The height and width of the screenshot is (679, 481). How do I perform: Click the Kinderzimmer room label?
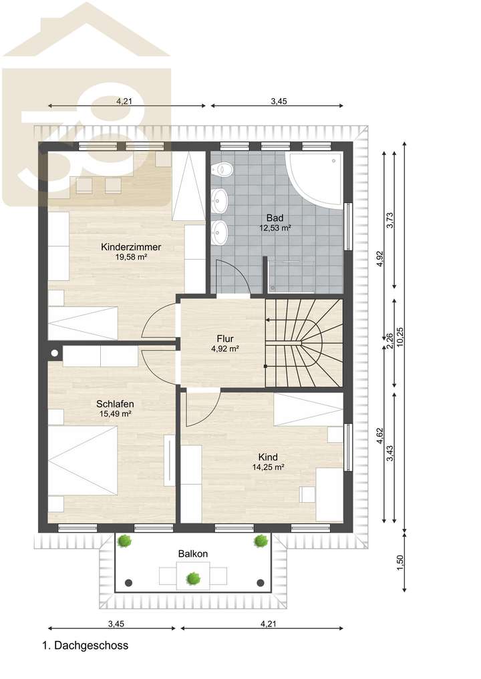(x=131, y=247)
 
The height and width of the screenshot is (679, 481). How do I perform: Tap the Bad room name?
(x=275, y=218)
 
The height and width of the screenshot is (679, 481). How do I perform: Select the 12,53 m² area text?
(x=275, y=228)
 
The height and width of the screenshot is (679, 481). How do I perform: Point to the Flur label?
(x=225, y=338)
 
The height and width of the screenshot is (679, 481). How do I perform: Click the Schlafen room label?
(x=115, y=404)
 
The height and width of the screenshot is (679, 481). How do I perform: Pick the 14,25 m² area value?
(x=269, y=467)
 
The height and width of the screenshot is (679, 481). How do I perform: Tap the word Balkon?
(x=193, y=554)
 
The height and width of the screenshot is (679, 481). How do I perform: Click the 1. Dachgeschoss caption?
(x=86, y=645)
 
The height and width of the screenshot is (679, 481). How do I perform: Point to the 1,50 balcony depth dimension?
(x=400, y=563)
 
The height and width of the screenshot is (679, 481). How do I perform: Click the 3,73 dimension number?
(x=390, y=220)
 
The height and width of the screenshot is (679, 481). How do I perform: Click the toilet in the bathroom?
(x=222, y=169)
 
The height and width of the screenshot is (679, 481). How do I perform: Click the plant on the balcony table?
(x=193, y=578)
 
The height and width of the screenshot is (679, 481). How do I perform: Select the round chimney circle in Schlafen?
(x=55, y=353)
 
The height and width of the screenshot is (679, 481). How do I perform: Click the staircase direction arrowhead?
(x=268, y=320)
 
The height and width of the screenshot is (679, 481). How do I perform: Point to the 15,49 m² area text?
(x=116, y=413)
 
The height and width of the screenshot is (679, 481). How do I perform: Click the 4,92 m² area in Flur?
(x=225, y=349)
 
